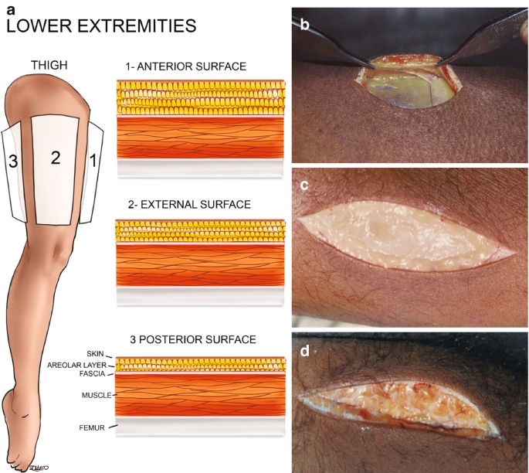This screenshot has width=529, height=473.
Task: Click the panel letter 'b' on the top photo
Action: coord(305,25)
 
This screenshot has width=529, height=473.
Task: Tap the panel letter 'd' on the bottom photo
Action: coord(306,351)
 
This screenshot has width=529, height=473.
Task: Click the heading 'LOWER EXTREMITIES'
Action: coord(100,26)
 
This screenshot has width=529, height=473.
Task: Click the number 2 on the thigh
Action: coord(55,158)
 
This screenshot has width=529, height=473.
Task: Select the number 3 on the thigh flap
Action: coord(12,162)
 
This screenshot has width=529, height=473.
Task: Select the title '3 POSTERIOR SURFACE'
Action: coord(193,339)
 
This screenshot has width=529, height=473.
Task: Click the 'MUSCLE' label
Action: coord(95,395)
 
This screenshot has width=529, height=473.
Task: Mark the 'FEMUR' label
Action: coord(97,426)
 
